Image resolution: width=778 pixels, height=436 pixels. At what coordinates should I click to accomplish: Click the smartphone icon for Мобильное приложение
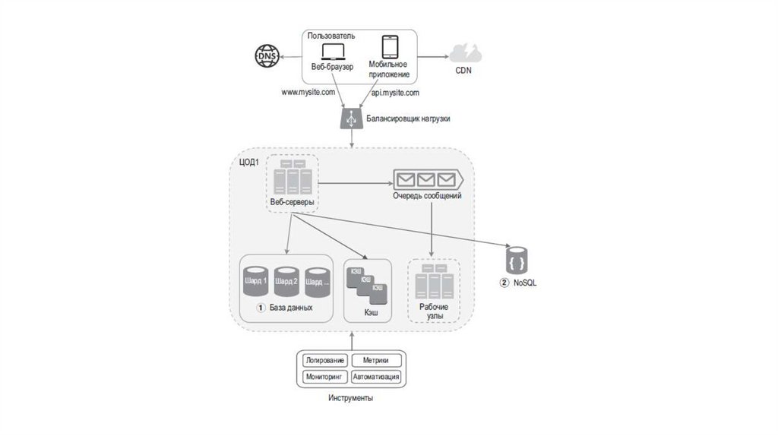[390, 47]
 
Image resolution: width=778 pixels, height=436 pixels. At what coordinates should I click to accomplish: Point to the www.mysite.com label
[308, 93]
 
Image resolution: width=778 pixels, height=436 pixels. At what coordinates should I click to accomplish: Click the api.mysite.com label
[395, 93]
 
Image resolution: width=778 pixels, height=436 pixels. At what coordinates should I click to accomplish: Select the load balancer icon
[352, 118]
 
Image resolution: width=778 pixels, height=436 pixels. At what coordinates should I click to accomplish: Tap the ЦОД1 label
[248, 160]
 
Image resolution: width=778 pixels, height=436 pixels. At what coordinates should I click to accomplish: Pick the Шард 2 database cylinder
[287, 281]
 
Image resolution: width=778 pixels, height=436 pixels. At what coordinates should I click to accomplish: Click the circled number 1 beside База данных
[260, 309]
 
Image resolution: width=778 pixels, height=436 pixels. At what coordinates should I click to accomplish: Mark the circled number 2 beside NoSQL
[503, 283]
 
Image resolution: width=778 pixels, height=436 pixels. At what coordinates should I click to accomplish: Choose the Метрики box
[377, 360]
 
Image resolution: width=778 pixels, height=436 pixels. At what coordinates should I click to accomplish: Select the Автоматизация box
[377, 376]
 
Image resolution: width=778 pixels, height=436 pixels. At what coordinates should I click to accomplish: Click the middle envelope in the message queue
[425, 179]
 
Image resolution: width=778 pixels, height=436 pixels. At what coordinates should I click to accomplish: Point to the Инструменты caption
[351, 399]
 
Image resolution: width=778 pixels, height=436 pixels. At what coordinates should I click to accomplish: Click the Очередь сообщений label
[427, 196]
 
